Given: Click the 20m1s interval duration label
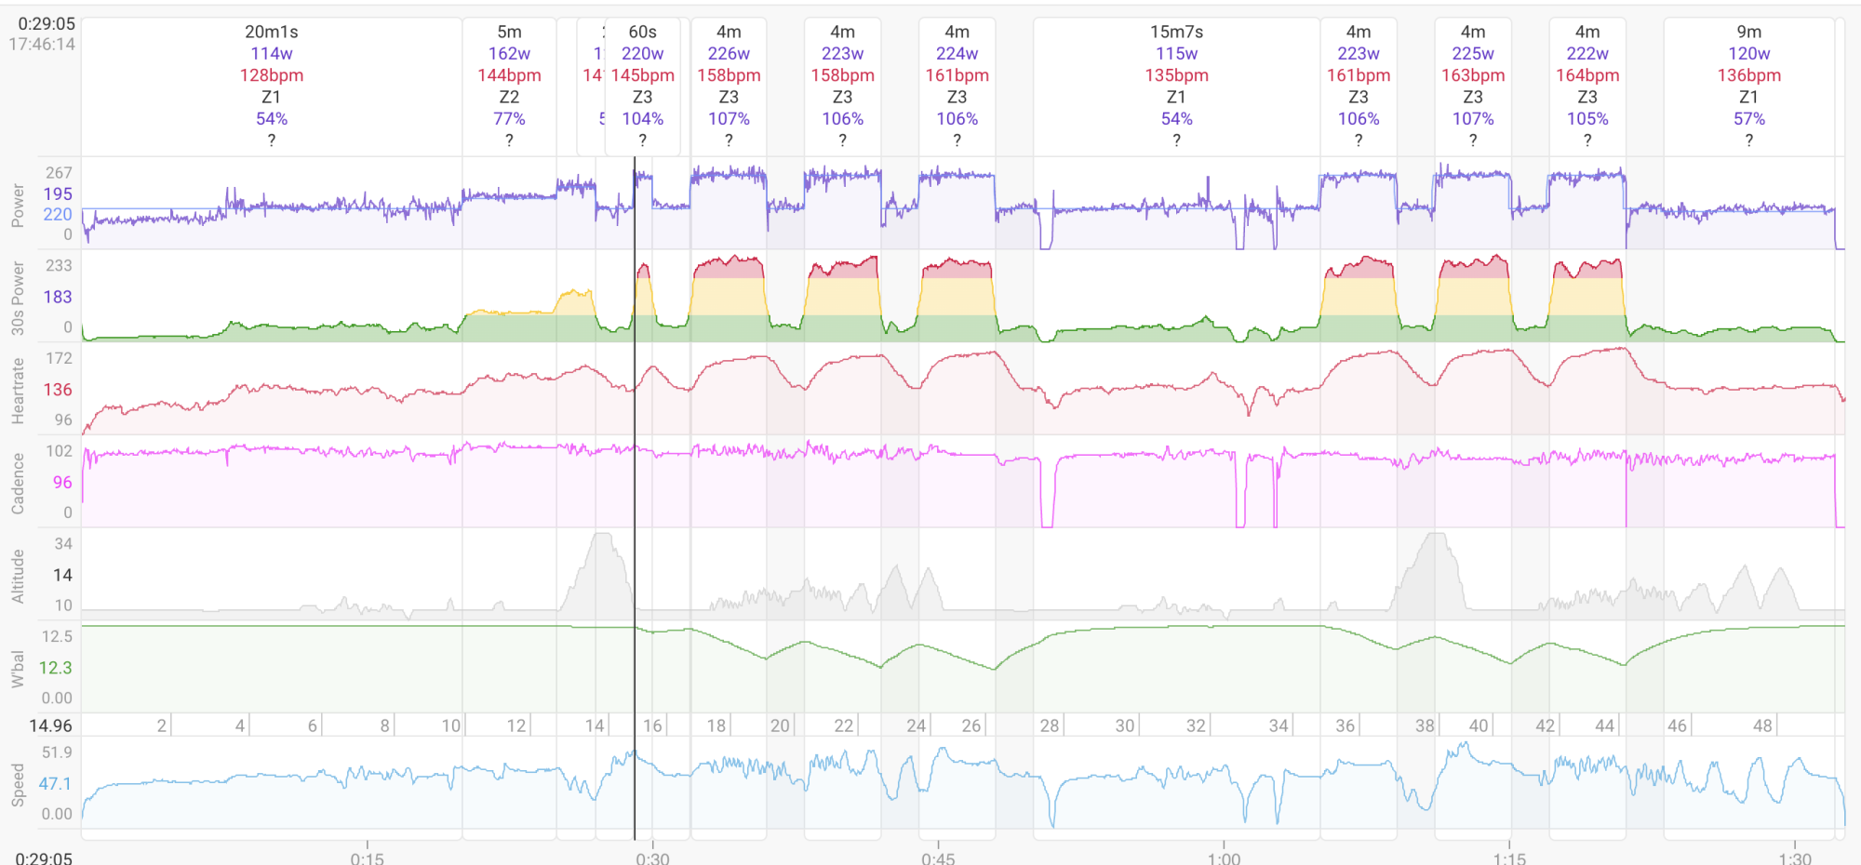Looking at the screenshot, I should point(272,32).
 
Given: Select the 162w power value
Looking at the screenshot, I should point(509,54).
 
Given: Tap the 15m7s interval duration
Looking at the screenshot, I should point(1176,32).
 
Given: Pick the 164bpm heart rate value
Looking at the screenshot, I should point(1587,75).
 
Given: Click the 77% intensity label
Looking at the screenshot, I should point(509,119).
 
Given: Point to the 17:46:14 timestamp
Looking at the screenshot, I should point(42,44).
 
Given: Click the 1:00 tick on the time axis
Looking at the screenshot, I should point(1224,858).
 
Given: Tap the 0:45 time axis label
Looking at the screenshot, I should point(938,858).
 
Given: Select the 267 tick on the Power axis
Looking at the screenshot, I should point(59,173).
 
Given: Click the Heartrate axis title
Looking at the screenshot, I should point(18,391).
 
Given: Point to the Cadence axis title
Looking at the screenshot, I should point(18,484).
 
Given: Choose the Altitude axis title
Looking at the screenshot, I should point(18,576).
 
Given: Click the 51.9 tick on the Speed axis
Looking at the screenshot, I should point(57,752).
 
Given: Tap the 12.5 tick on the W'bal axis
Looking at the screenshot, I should point(57,637).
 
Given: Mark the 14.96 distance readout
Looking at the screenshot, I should point(50,725).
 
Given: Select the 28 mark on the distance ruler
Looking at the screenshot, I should point(1050,725).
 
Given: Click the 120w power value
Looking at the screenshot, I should point(1748,54).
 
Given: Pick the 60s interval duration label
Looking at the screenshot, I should point(642,32).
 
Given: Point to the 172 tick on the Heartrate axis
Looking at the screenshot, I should point(59,358).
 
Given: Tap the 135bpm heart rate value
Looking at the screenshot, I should point(1176,75).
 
